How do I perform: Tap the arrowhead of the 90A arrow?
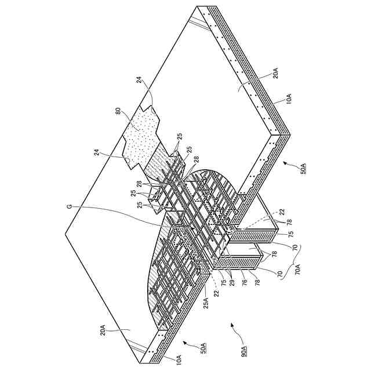(x=232, y=327)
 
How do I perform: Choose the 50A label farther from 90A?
(x=304, y=169)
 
